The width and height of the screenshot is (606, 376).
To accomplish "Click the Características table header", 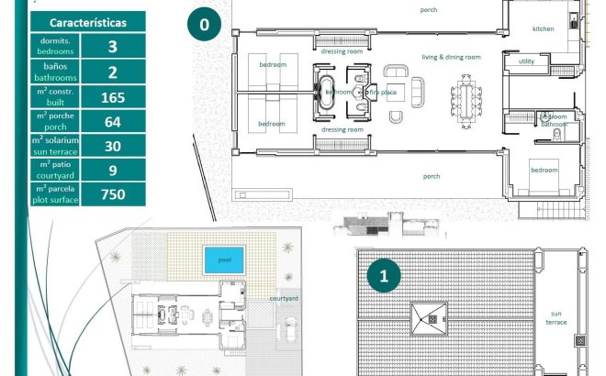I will pyautogui.click(x=88, y=22).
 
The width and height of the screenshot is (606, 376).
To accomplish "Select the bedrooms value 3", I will pyautogui.click(x=113, y=47).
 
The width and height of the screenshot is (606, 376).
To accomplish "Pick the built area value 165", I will pyautogui.click(x=113, y=96).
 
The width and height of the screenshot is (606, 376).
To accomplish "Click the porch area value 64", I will pyautogui.click(x=113, y=121).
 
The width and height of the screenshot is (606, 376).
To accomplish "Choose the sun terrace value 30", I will pyautogui.click(x=113, y=145).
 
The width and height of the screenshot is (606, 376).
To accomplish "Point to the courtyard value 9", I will pyautogui.click(x=113, y=170).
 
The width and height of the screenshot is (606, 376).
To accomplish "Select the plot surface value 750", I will pyautogui.click(x=113, y=194).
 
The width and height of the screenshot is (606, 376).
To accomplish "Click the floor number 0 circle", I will pyautogui.click(x=204, y=24).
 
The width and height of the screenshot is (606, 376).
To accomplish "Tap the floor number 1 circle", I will pyautogui.click(x=384, y=274).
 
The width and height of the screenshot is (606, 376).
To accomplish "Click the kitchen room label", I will pyautogui.click(x=544, y=29).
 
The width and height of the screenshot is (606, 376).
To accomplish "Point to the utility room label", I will pyautogui.click(x=526, y=61).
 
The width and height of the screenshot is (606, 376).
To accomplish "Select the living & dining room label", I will pyautogui.click(x=451, y=57).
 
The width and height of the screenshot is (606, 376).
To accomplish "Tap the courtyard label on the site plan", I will pyautogui.click(x=284, y=298).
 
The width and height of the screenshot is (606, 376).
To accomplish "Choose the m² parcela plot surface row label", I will pyautogui.click(x=56, y=194).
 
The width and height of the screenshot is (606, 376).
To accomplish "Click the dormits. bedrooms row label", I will pyautogui.click(x=56, y=47).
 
